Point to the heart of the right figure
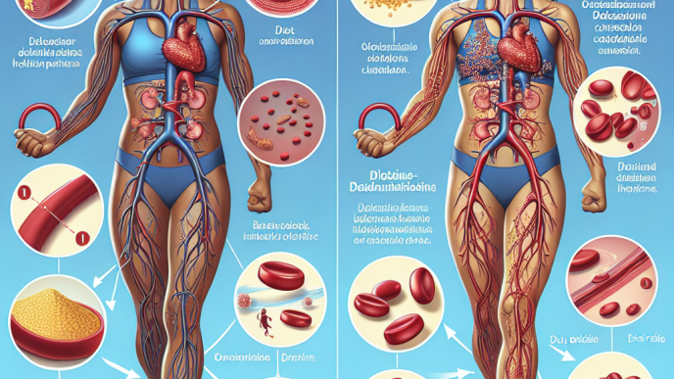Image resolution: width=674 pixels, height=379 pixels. pos(515,49)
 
